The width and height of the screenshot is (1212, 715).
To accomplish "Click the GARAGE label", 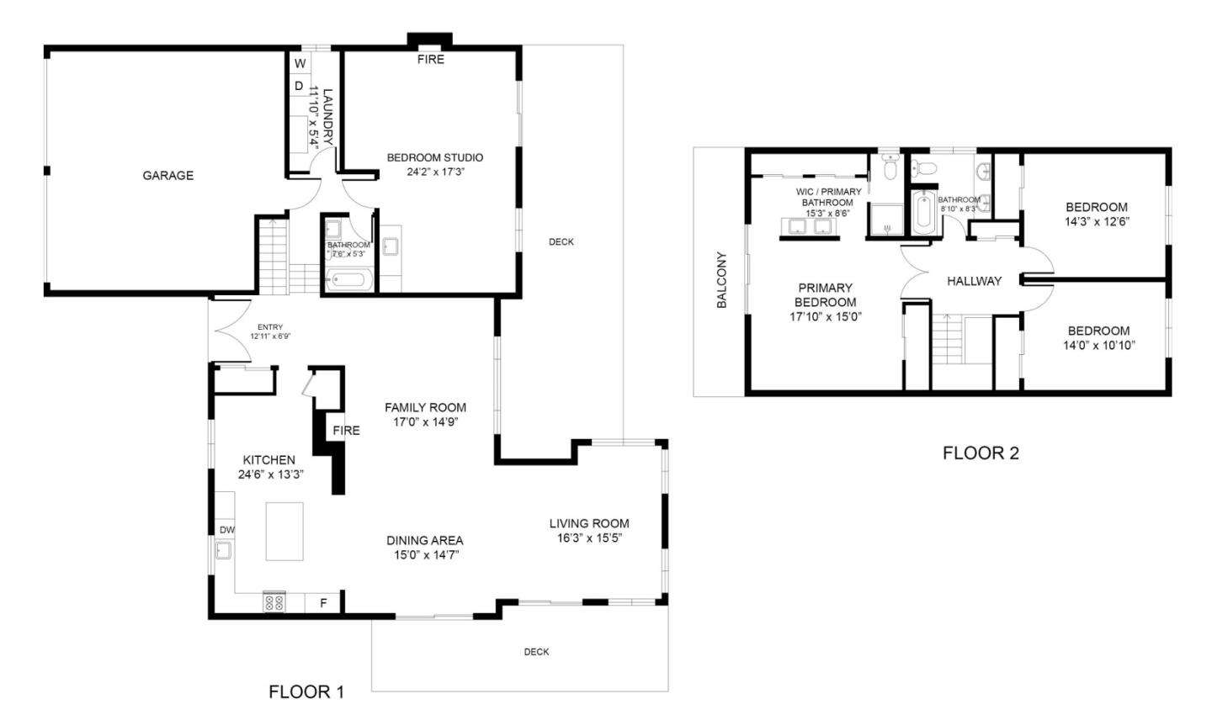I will [x=167, y=176].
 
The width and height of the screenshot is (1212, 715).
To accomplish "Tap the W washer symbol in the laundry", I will [x=300, y=64].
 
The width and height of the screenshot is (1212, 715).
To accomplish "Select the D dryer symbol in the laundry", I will [x=299, y=86].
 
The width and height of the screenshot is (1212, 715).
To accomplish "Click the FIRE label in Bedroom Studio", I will [x=431, y=60].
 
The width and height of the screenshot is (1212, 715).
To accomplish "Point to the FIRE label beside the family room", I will [x=346, y=431].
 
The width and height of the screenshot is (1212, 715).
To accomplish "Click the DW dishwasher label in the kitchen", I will [x=226, y=530].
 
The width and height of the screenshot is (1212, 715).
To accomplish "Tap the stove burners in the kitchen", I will [x=274, y=601].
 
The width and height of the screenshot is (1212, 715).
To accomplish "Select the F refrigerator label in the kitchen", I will [x=322, y=602].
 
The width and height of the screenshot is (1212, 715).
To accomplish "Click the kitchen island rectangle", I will [x=284, y=531].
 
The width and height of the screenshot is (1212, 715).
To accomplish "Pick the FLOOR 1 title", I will [x=306, y=692].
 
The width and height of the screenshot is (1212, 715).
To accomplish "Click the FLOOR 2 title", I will [x=981, y=453].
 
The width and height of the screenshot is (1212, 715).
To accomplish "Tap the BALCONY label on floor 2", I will [x=721, y=280].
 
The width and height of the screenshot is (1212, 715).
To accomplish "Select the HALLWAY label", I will [x=974, y=281].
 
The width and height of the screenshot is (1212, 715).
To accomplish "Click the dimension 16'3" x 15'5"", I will [x=589, y=538].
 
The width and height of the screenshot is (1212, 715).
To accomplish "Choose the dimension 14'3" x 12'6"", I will [x=1097, y=222].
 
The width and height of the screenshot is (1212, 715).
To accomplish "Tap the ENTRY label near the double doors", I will [x=270, y=327].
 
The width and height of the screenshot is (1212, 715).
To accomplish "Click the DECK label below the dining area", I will [x=536, y=652].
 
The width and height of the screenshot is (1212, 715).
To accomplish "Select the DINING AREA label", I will [x=424, y=541].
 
